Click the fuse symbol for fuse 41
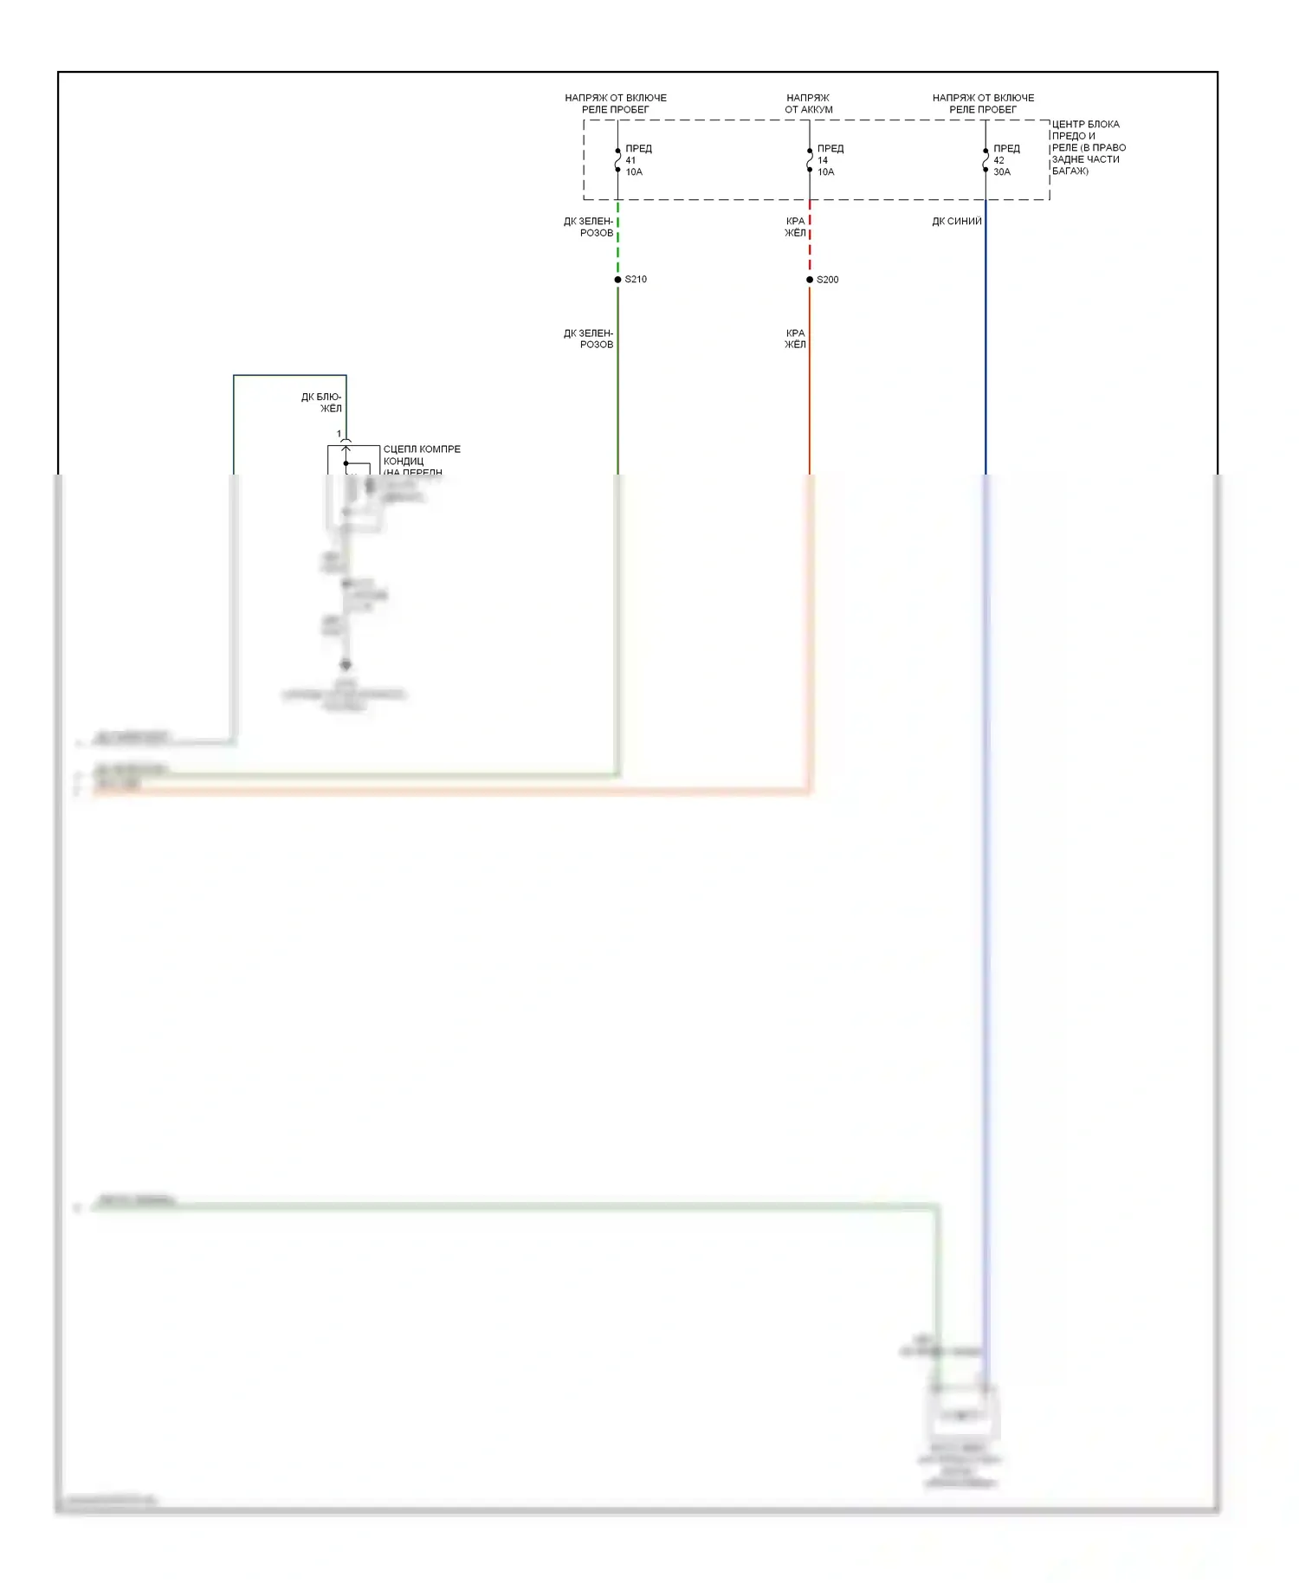617,160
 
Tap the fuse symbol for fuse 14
810,160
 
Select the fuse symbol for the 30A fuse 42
986,160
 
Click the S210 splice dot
617,280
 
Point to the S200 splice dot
810,280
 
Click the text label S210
636,280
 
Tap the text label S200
828,280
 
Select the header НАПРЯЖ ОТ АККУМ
808,104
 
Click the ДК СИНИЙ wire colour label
956,222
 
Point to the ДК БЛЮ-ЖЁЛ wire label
321,403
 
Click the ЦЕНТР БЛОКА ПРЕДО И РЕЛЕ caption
1088,147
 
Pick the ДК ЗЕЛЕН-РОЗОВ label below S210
589,339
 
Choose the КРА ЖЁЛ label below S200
795,339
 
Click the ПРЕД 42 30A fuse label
1005,160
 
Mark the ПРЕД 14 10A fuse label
829,160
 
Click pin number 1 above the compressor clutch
339,434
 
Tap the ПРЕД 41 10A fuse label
637,160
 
